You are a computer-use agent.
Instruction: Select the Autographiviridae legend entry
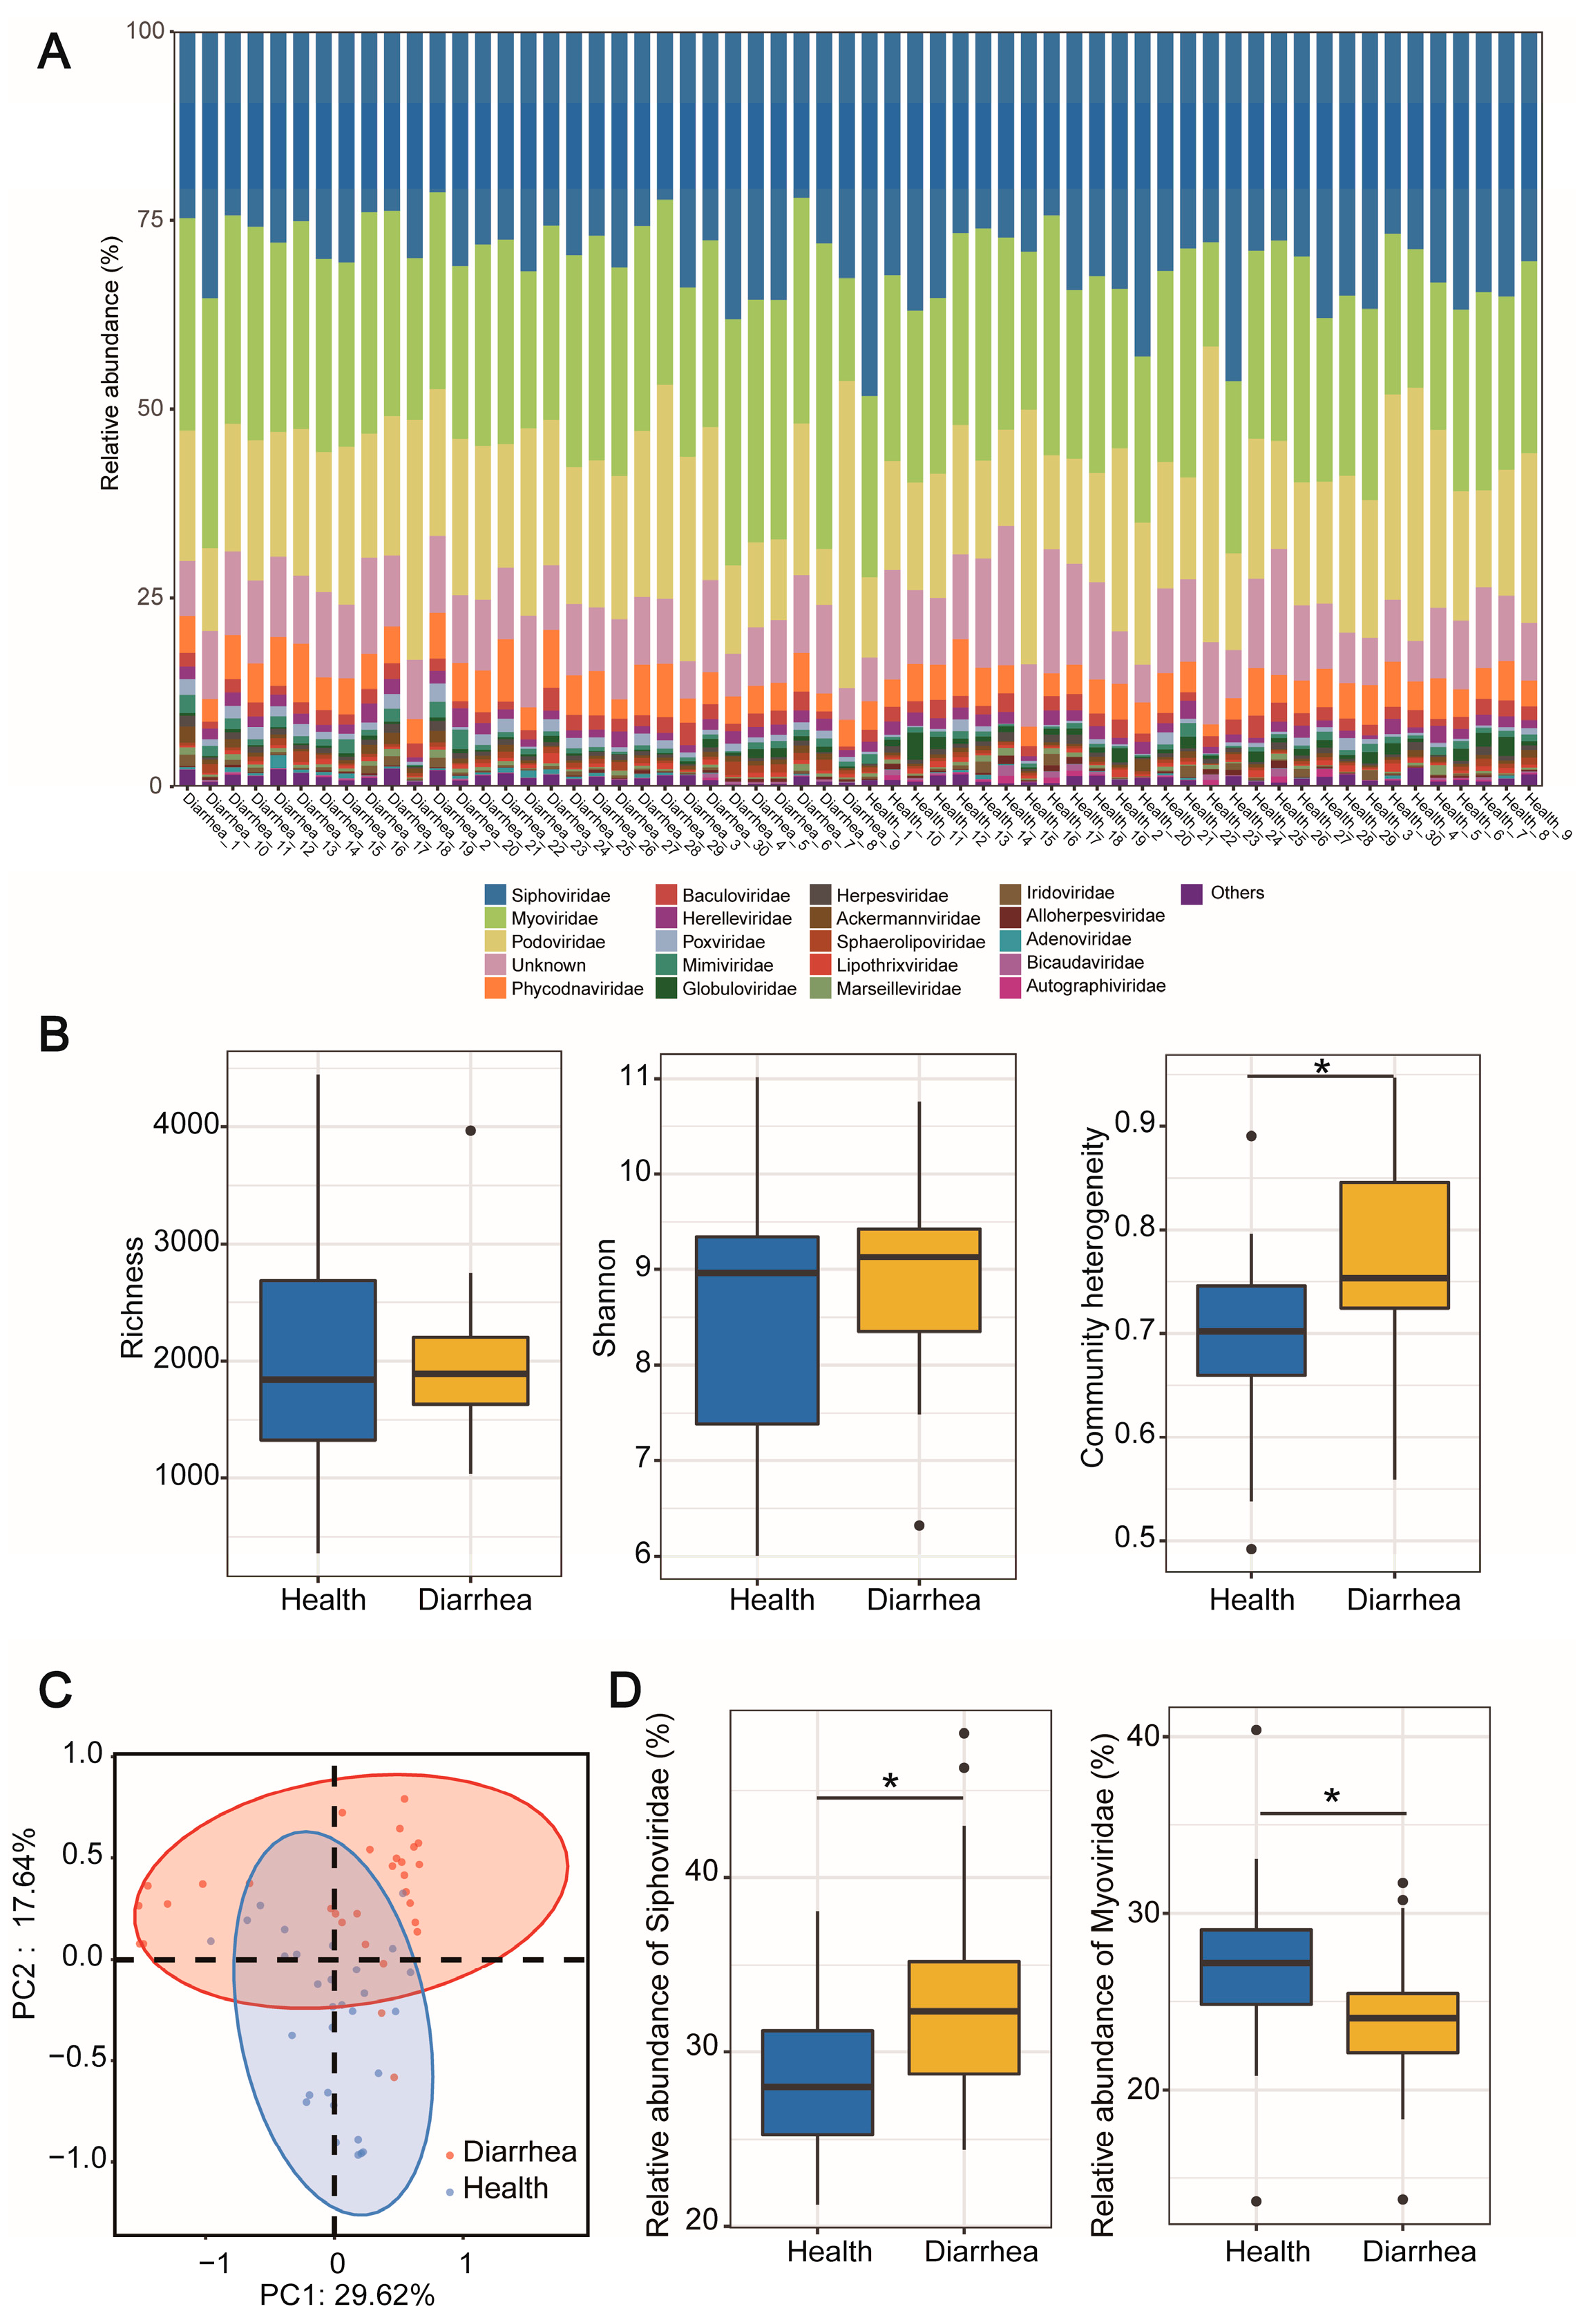point(1095,986)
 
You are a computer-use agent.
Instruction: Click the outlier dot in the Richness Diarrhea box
point(470,1131)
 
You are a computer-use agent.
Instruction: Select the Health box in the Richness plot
point(317,1359)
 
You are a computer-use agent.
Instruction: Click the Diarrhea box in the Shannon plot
point(918,1280)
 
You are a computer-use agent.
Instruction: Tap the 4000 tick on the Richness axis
point(187,1125)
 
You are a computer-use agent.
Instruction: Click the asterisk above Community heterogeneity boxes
point(1322,1067)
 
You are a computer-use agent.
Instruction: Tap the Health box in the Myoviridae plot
point(1256,1967)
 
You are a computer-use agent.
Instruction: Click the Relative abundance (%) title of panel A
point(110,364)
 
